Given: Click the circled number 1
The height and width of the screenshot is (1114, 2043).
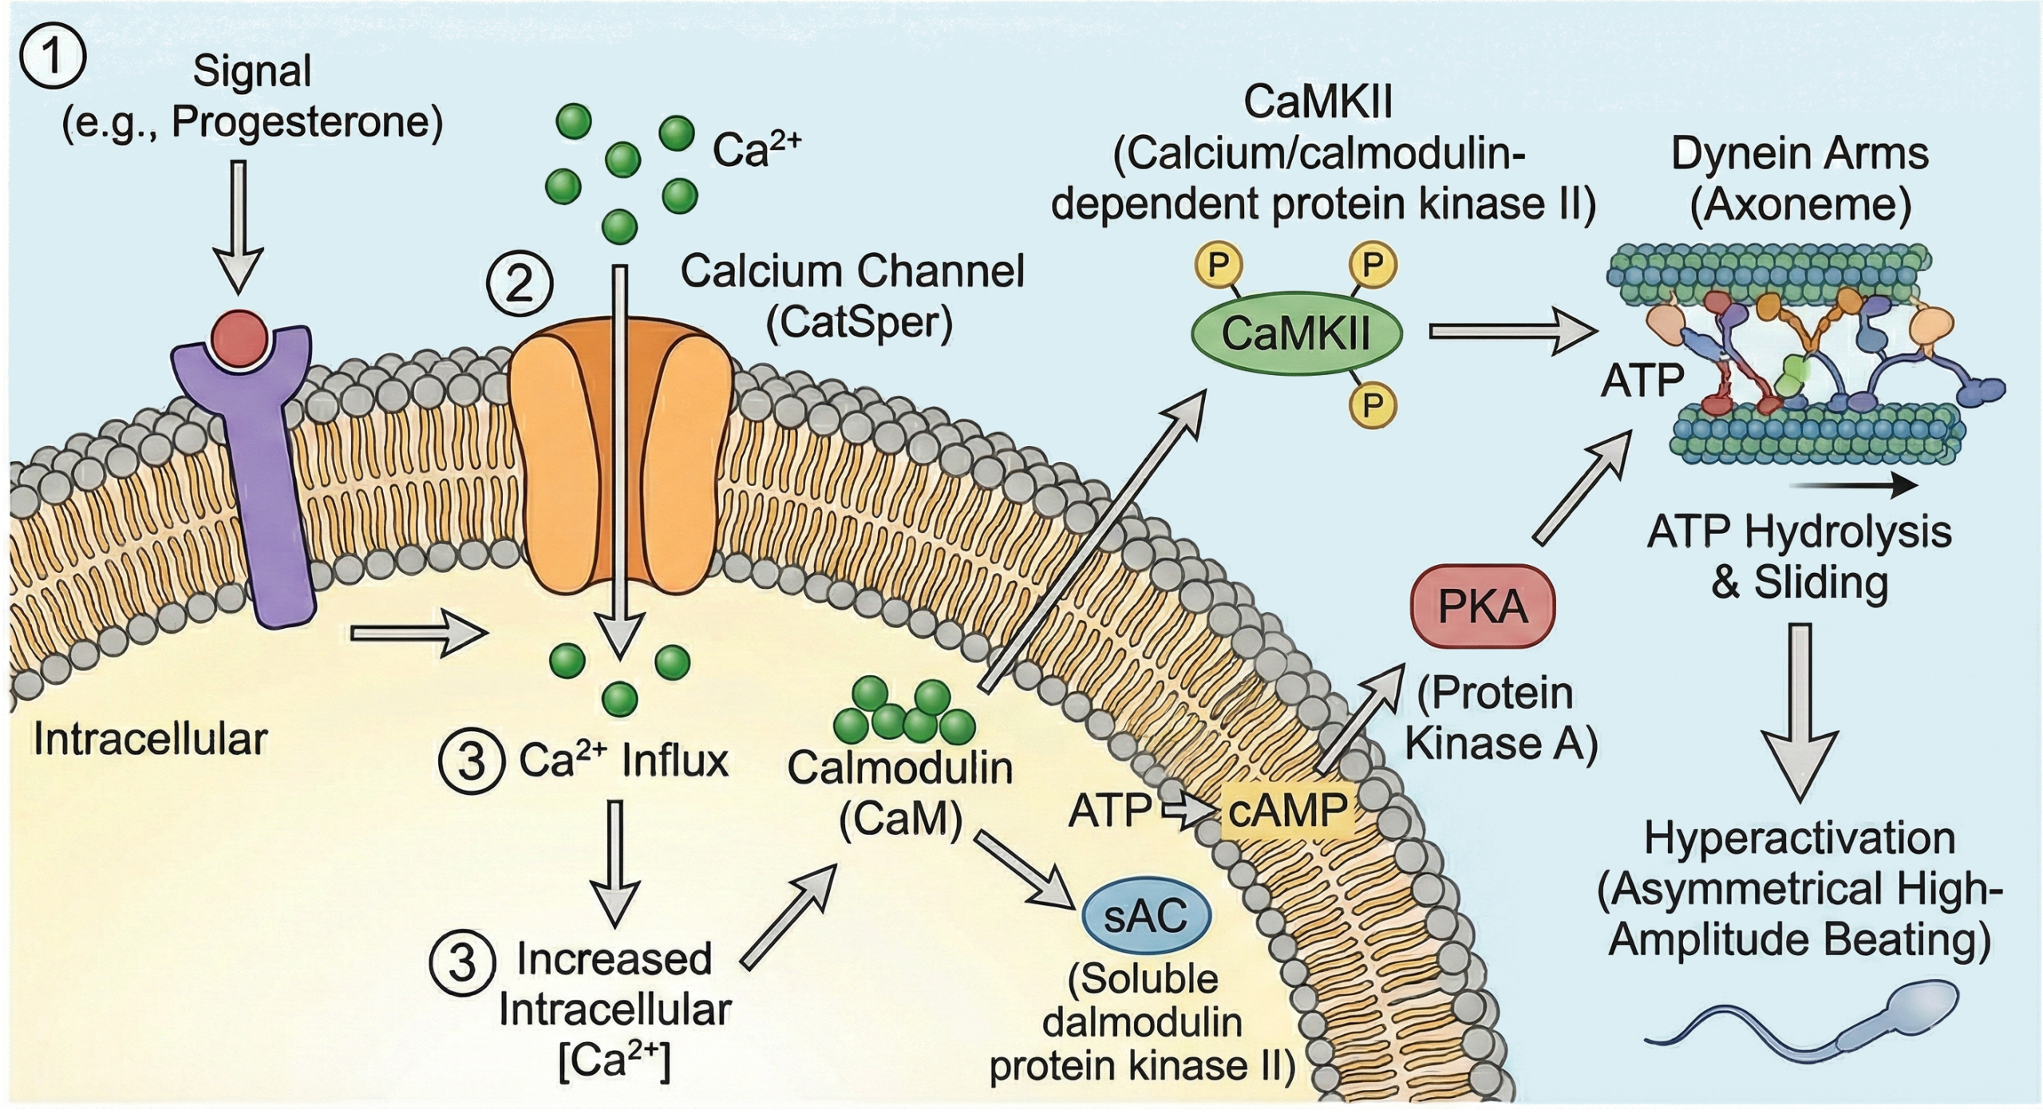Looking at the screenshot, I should [53, 59].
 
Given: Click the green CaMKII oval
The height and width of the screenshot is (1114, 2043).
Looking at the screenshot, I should [1296, 334].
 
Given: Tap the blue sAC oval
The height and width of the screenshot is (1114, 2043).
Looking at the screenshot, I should [1145, 917].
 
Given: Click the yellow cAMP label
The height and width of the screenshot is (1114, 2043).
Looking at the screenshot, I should [1287, 811].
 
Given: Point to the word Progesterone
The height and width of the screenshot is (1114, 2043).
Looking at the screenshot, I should [307, 122].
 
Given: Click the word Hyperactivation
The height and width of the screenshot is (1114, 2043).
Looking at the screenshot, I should [1800, 839].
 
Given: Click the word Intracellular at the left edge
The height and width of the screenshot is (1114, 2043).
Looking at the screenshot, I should [150, 740].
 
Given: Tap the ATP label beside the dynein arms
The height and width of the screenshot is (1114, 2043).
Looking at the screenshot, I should [1642, 381].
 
